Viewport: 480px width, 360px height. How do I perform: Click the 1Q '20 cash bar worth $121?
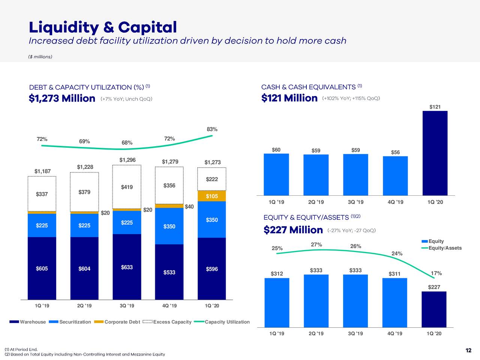click(435, 153)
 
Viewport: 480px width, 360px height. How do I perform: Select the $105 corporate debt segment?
click(211, 196)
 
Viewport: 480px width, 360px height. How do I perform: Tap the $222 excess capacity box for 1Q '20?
click(211, 179)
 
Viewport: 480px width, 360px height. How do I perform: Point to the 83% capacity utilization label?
click(212, 129)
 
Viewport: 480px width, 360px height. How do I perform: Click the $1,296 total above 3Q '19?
click(127, 160)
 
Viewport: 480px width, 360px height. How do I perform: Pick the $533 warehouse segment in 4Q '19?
click(169, 272)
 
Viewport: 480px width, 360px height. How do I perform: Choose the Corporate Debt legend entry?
click(117, 322)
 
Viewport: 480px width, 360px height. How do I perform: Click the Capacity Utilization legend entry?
click(222, 322)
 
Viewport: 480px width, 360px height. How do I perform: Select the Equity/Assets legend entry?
click(441, 248)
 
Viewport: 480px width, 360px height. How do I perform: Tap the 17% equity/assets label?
click(436, 273)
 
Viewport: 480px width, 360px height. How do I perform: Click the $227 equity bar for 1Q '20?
click(434, 309)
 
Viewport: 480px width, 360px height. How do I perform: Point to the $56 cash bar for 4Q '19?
click(395, 176)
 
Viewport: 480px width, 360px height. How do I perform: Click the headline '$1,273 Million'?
click(62, 98)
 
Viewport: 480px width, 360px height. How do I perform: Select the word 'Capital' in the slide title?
click(147, 27)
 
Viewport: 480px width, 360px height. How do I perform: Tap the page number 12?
click(468, 350)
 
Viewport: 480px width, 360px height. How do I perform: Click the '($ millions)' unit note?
click(40, 57)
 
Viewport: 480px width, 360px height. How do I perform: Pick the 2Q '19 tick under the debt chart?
click(84, 306)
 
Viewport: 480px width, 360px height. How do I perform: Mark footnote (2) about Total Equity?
click(85, 354)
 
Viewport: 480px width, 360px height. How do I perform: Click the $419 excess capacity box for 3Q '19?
click(127, 187)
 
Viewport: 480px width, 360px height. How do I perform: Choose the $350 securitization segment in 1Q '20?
click(211, 219)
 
